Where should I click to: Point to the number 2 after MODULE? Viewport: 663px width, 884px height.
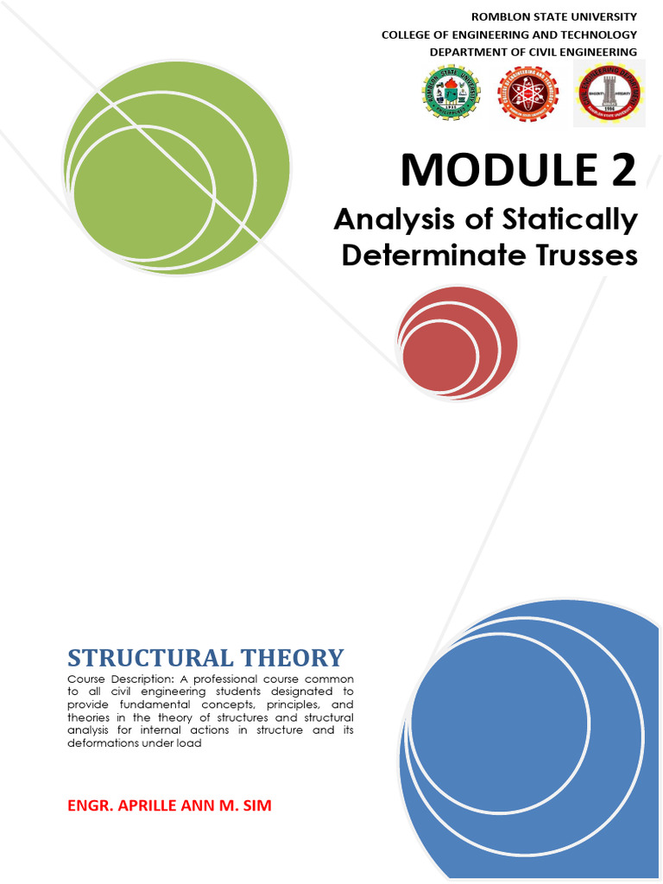pyautogui.click(x=618, y=169)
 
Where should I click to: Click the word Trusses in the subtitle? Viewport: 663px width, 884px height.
pyautogui.click(x=588, y=256)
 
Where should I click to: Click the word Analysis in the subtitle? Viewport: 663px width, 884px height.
pyautogui.click(x=388, y=219)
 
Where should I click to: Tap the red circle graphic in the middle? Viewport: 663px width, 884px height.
pyautogui.click(x=458, y=343)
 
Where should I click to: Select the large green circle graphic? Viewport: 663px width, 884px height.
pyautogui.click(x=177, y=167)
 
